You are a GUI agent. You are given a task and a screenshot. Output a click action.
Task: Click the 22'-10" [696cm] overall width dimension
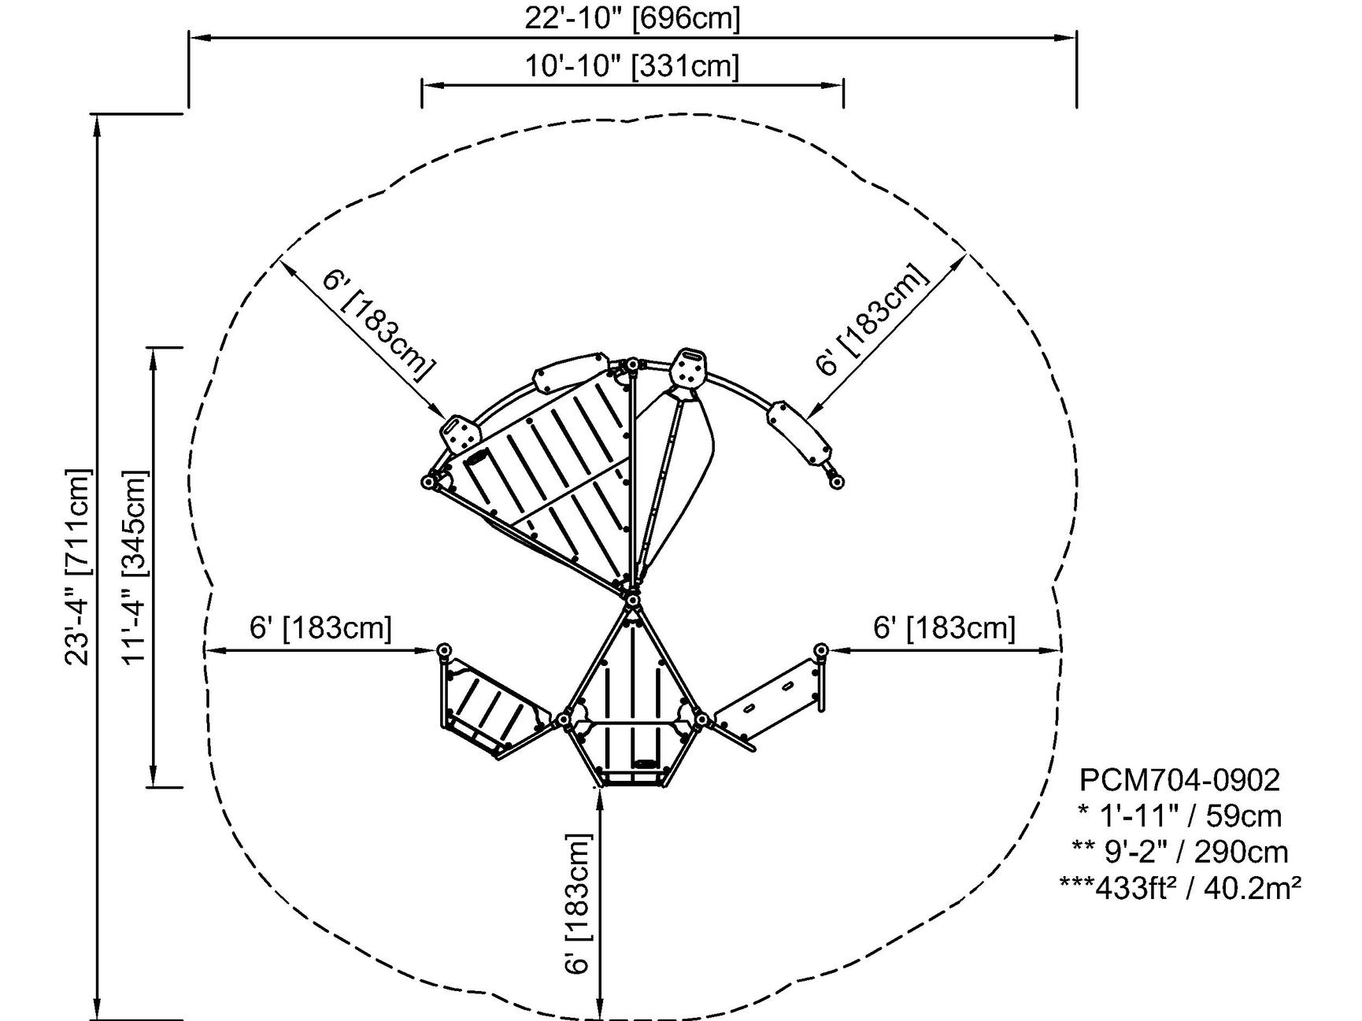pos(632,18)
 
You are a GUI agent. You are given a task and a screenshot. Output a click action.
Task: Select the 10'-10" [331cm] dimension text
pos(632,66)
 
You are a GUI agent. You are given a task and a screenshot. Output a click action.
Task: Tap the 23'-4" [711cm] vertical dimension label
pos(79,567)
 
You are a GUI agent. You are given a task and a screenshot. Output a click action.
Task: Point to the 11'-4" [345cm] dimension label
pos(135,567)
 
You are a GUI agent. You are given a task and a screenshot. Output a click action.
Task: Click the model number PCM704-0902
pos(1179,780)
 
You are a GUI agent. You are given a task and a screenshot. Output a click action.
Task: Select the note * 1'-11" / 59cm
pos(1179,816)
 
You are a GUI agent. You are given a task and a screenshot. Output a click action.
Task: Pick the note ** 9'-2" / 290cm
pos(1179,852)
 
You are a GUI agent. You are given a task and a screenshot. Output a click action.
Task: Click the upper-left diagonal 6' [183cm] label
pos(379,325)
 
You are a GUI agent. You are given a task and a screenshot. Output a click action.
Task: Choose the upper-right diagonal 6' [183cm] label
pos(872,320)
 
